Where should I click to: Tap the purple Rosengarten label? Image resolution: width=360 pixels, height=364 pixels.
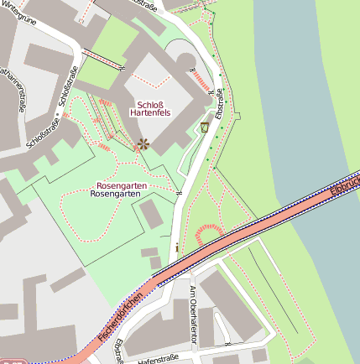[x=122, y=185]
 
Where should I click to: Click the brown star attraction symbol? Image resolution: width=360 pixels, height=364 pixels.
[x=143, y=144]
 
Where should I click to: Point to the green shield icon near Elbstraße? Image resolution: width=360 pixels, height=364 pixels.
[x=205, y=127]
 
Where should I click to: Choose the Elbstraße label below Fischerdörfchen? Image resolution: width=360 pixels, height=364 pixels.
[x=121, y=351]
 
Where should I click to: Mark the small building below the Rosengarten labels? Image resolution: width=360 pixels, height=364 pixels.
[x=150, y=214]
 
